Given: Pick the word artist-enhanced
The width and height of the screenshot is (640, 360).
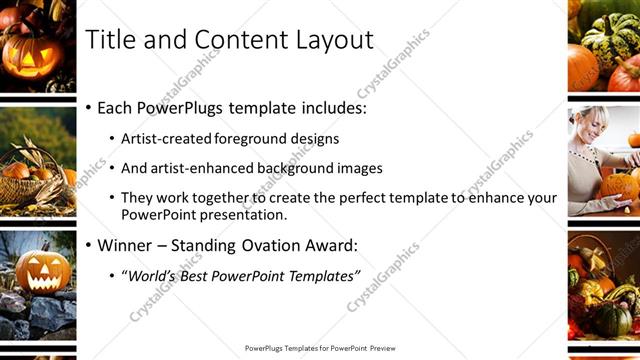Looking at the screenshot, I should coord(197,168).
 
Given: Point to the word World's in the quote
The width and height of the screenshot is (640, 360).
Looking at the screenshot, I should coord(149,275).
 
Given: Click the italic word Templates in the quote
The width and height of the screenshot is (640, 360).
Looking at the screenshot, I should coord(319,275).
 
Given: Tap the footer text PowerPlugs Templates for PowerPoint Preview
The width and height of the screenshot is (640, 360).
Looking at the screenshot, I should coord(320,348).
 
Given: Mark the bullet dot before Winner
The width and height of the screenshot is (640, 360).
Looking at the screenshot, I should coord(89,245).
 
